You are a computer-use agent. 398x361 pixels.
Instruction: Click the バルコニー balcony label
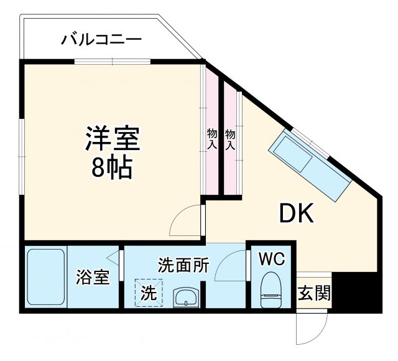pos(101,40)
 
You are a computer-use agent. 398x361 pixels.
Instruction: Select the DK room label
pos(297,213)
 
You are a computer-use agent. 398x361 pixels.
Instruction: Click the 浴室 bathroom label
pos(93,278)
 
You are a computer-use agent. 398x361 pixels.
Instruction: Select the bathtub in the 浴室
pos(47,278)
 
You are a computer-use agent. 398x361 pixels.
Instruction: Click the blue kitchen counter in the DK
pos(310,164)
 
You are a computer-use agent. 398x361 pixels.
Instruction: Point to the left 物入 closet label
pos(211,139)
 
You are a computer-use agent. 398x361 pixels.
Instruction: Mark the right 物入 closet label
pos(230,139)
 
